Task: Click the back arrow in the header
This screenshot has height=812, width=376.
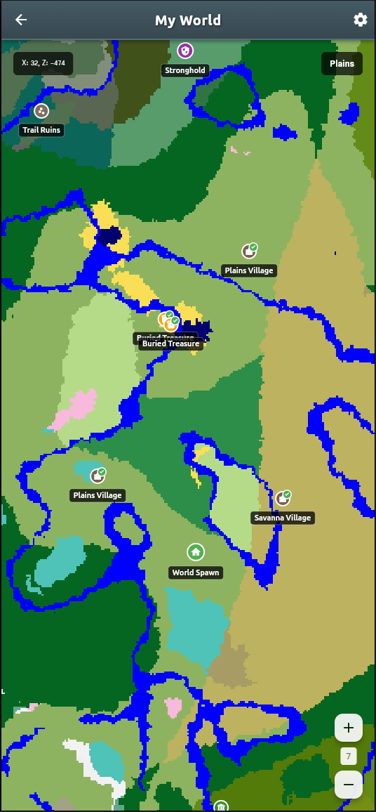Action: pyautogui.click(x=21, y=20)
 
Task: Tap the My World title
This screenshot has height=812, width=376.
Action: pyautogui.click(x=188, y=20)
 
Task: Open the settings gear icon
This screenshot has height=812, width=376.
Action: pyautogui.click(x=361, y=20)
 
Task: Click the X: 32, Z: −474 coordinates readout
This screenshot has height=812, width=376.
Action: pyautogui.click(x=43, y=63)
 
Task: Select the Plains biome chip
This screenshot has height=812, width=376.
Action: pyautogui.click(x=342, y=63)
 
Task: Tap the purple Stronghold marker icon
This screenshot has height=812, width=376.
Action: pyautogui.click(x=185, y=51)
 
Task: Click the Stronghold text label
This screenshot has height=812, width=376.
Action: pyautogui.click(x=185, y=70)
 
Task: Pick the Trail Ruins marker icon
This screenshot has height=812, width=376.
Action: pyautogui.click(x=41, y=110)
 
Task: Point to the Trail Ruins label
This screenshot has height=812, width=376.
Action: pyautogui.click(x=42, y=130)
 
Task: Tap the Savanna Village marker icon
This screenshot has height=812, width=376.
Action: pyautogui.click(x=283, y=498)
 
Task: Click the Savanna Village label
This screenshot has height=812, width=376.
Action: pyautogui.click(x=283, y=518)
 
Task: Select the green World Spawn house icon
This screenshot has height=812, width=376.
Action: pyautogui.click(x=196, y=552)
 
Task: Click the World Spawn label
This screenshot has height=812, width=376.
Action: pyautogui.click(x=196, y=572)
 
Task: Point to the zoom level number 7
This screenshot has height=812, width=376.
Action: pyautogui.click(x=349, y=757)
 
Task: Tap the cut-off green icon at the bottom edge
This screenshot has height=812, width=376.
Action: pyautogui.click(x=221, y=806)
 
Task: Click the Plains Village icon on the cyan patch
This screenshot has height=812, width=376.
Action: pyautogui.click(x=98, y=476)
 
